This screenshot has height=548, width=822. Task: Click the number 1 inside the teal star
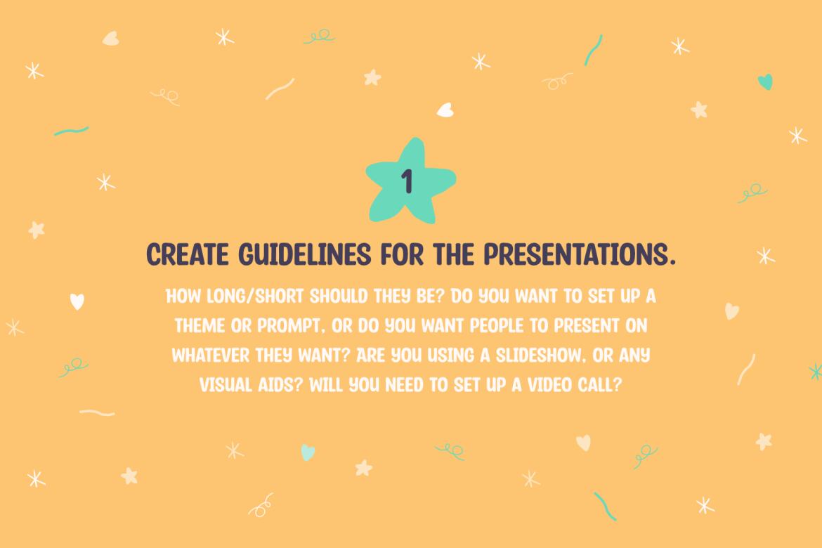coord(407,181)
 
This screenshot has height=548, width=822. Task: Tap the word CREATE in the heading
coord(187,255)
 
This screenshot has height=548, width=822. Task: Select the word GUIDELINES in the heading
coord(305,255)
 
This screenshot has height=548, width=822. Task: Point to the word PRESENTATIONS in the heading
coord(579,255)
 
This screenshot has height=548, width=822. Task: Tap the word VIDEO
coord(549,386)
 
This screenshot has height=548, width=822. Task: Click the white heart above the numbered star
coord(445,110)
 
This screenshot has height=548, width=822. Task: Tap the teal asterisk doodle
coord(815,372)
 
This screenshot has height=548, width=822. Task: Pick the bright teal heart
coord(765,81)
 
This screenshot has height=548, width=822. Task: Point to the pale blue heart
coord(308,452)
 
